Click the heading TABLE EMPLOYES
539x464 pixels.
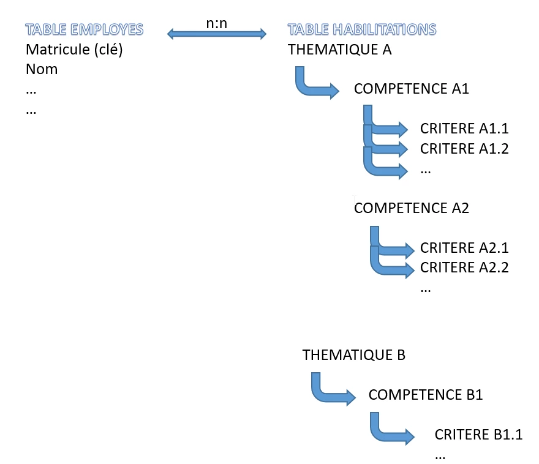coord(85,29)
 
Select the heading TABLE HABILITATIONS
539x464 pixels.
coord(362,29)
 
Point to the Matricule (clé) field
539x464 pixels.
coord(75,50)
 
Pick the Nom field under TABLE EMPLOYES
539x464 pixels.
coord(42,69)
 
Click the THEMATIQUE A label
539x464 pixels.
coord(339,50)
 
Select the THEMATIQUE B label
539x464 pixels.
coord(354,354)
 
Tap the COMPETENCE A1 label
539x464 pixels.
coord(412,89)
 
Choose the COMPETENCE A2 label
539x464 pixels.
coord(412,208)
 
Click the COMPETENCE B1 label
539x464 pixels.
coord(426,394)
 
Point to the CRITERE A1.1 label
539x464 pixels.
coord(465,129)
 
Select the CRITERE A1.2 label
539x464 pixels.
coord(465,148)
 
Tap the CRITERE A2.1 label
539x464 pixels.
coord(465,248)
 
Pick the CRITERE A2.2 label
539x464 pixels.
coord(465,268)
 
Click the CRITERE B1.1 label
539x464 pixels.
coord(479,435)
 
